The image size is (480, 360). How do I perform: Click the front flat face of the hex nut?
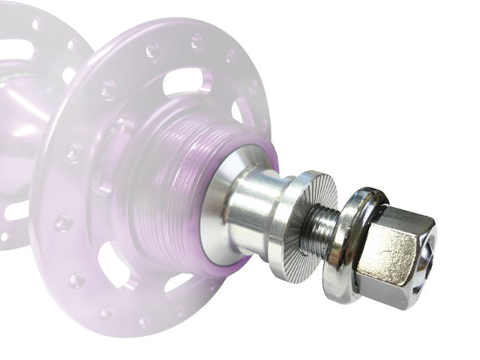(385, 255)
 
